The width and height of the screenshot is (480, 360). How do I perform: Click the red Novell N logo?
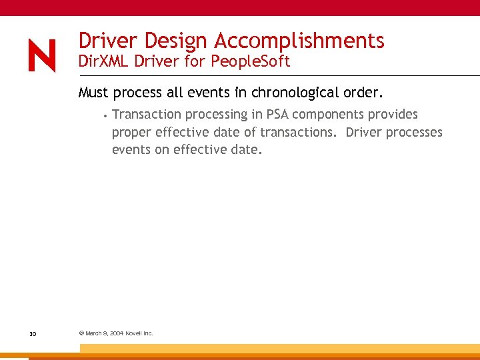click(x=42, y=55)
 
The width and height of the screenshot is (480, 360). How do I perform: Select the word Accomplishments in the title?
click(x=299, y=41)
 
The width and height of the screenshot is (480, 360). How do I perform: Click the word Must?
click(x=94, y=92)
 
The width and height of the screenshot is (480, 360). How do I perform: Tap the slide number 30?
click(x=32, y=333)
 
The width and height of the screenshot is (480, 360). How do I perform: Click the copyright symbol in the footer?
click(x=81, y=333)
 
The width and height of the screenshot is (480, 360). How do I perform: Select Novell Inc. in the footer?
click(x=139, y=333)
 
